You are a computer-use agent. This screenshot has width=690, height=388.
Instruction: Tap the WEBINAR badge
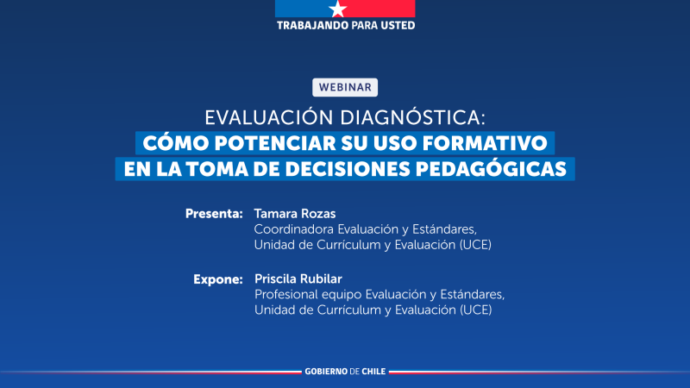tap(345, 87)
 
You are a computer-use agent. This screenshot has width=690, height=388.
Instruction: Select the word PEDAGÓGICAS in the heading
tap(500, 167)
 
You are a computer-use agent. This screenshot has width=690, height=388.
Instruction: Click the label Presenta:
tap(214, 213)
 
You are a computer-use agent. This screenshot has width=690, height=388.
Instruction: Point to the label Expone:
tap(216, 279)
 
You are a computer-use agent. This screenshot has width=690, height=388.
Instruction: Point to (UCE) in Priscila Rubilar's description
tap(476, 310)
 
